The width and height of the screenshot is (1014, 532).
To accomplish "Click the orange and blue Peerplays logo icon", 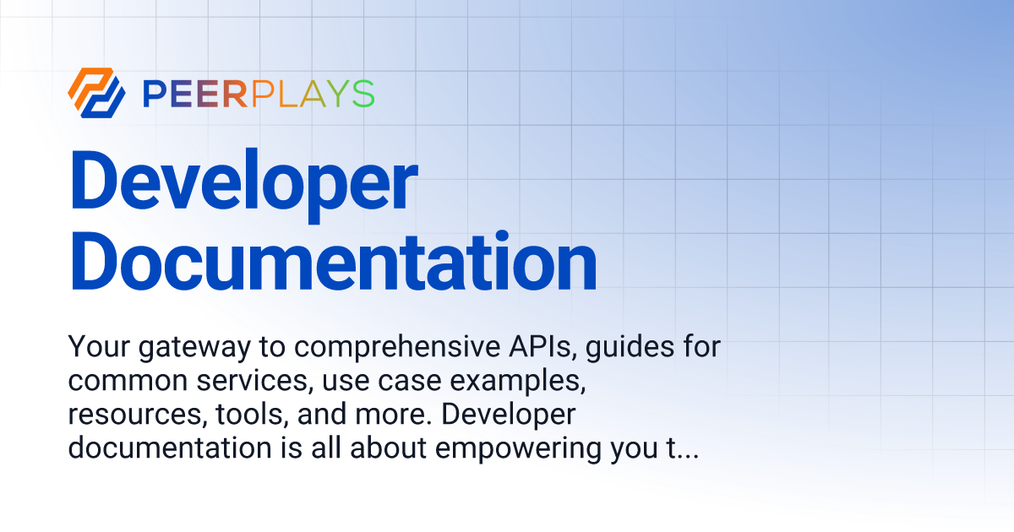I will coord(96,92).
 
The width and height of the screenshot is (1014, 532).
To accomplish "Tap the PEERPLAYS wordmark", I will coord(259,94).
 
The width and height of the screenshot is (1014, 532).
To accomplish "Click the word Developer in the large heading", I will coord(243,184).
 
